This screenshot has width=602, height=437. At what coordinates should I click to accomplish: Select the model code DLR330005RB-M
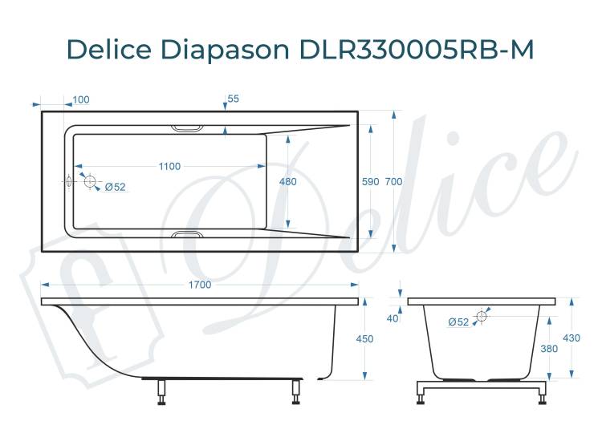tap(416, 50)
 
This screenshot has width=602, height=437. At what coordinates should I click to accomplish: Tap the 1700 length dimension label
tap(200, 285)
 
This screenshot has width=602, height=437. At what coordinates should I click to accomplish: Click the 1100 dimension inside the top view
tap(169, 167)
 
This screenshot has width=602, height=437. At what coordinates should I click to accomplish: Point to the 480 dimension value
tap(287, 181)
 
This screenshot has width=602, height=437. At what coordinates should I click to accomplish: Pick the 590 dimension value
tap(371, 181)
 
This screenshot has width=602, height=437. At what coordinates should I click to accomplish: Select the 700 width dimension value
tap(393, 181)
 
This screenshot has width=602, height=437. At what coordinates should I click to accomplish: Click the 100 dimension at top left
tap(81, 99)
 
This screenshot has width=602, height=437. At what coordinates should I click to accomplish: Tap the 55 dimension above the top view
tap(233, 99)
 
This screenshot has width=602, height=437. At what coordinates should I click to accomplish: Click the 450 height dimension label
tap(364, 339)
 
